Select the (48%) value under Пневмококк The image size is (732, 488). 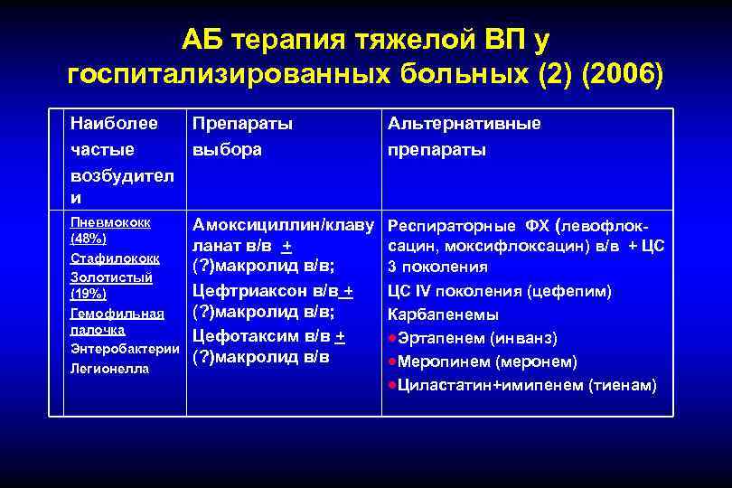[89, 239]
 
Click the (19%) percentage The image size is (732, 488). [89, 295]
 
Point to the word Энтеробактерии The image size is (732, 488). [122, 350]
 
